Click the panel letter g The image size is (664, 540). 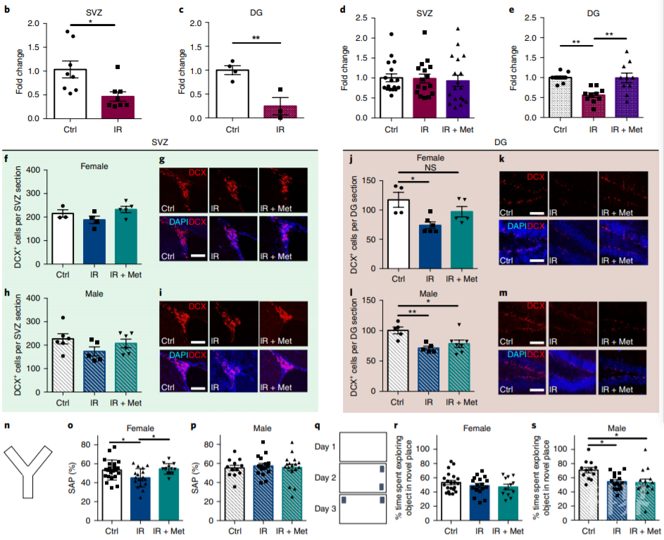pos(163,162)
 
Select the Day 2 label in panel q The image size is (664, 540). pos(325,477)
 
